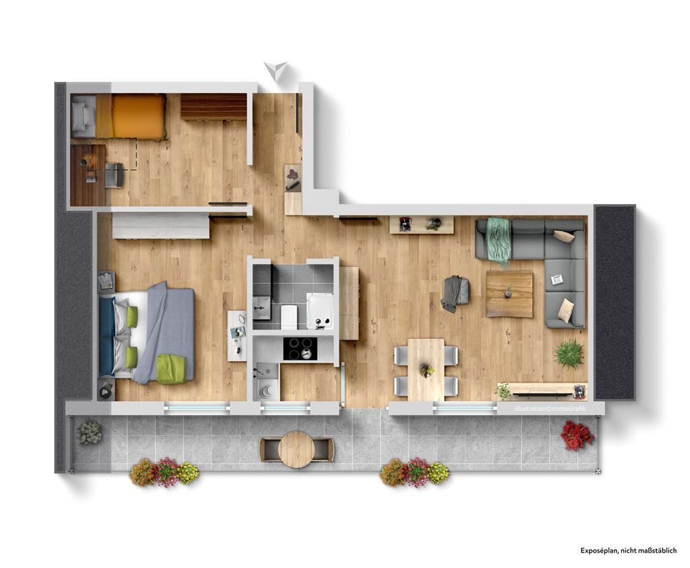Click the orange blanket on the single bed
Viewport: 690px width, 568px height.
(139, 116)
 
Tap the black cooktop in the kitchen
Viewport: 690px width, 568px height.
(300, 349)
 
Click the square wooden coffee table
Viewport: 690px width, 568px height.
(509, 294)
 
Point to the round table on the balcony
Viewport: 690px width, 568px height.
(296, 449)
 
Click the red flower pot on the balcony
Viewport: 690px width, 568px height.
(577, 435)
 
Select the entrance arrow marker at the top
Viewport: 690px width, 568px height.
(276, 70)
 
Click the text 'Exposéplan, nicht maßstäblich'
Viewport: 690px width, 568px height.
(629, 550)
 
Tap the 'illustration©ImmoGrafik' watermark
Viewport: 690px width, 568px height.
(550, 409)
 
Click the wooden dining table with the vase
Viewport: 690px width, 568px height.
(426, 369)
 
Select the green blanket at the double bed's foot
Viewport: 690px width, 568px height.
(171, 369)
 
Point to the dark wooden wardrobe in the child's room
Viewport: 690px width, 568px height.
(214, 106)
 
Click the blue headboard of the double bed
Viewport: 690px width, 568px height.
(107, 337)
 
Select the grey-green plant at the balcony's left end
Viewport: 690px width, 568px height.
(90, 433)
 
